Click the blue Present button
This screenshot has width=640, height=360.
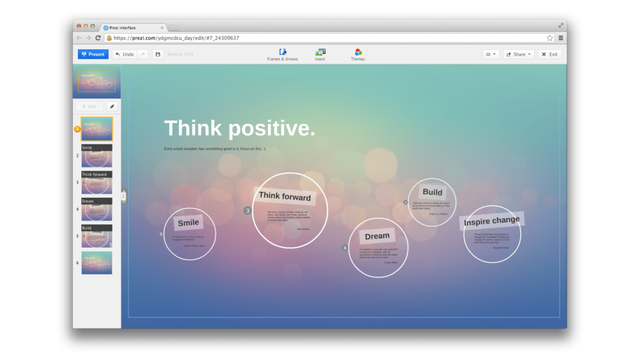(93, 54)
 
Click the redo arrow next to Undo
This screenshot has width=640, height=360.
(142, 54)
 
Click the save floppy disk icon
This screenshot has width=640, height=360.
(157, 54)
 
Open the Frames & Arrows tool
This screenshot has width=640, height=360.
(282, 54)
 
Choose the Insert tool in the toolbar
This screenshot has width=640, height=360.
(320, 54)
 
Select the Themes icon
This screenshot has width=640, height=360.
(358, 54)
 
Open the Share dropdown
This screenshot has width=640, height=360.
(519, 54)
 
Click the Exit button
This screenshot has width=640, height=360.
(550, 54)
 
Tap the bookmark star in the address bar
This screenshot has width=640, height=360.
(550, 38)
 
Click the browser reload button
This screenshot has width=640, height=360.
(98, 38)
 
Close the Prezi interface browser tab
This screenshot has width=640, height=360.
(162, 27)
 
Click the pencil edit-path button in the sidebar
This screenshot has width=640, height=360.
(112, 106)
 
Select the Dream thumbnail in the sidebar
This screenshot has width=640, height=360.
(97, 209)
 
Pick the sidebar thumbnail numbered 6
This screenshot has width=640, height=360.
(97, 262)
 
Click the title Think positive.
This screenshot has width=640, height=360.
(239, 129)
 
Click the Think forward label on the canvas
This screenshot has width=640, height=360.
(285, 196)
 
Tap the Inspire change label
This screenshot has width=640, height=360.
(492, 221)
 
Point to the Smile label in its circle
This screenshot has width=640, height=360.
(188, 222)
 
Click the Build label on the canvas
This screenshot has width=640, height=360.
(432, 192)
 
